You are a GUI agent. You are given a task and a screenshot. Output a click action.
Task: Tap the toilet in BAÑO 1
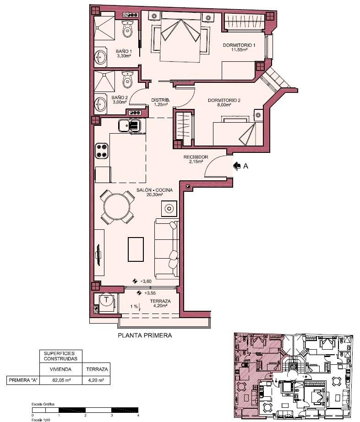(x=127, y=29)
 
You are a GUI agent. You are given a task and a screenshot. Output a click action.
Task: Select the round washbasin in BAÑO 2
(x=101, y=103)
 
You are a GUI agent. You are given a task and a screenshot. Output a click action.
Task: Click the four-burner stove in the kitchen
(x=102, y=151)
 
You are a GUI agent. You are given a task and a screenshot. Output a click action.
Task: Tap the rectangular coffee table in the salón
(x=136, y=249)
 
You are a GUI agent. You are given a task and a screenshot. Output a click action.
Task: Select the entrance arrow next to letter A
(x=237, y=166)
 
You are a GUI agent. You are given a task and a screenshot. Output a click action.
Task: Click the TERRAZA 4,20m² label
(x=160, y=303)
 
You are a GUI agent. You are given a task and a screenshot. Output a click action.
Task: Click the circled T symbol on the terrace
(x=107, y=299)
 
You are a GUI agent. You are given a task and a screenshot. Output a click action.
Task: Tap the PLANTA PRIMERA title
(x=145, y=335)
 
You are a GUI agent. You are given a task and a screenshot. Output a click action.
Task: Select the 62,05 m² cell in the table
(x=61, y=380)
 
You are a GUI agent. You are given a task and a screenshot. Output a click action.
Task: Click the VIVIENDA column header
(x=60, y=369)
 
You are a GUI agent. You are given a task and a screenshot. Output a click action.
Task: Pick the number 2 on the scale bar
(x=85, y=415)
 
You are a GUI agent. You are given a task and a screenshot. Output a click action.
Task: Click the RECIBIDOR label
(x=196, y=157)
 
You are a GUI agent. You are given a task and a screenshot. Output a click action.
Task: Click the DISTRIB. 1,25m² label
(x=160, y=102)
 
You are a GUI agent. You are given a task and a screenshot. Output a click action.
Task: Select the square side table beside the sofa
(x=169, y=209)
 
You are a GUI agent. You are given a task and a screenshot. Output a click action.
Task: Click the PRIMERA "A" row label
(x=23, y=380)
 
